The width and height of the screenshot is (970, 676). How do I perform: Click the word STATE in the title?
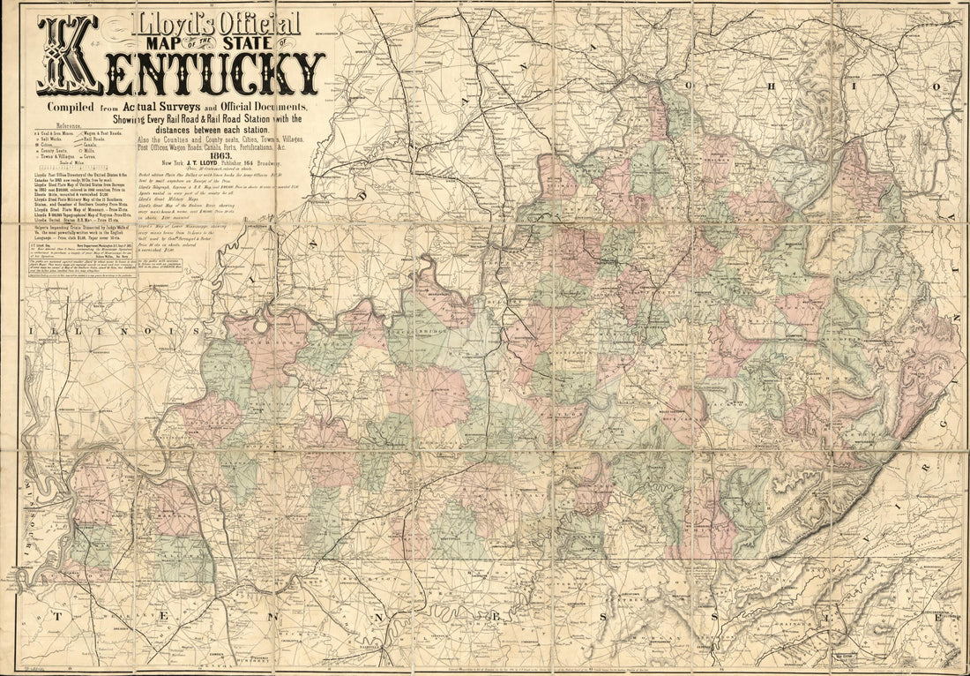[x=265, y=39]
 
